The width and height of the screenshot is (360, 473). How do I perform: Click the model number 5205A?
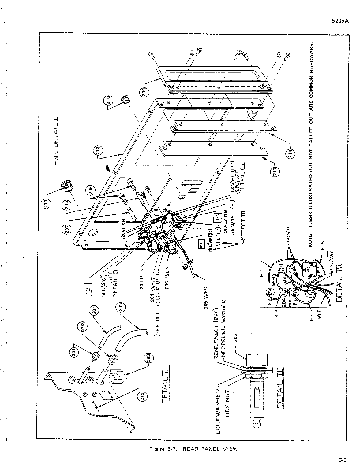[340, 22]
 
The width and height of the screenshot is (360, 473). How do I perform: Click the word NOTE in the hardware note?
[311, 240]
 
